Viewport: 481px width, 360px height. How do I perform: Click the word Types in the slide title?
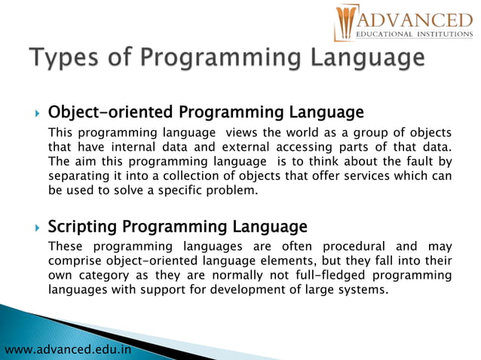click(62, 58)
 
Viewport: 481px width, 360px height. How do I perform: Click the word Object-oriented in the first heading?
click(110, 113)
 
